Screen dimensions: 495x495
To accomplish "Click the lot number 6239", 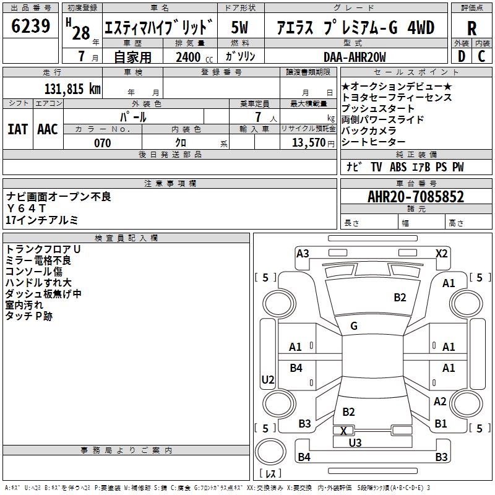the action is [x=30, y=26].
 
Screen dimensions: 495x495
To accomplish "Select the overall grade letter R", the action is [x=471, y=28].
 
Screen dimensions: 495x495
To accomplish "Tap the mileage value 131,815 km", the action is [x=72, y=89].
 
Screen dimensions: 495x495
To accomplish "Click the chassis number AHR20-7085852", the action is [x=416, y=197].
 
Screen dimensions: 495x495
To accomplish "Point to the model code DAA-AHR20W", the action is [x=355, y=57].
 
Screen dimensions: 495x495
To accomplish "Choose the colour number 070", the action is [x=102, y=143].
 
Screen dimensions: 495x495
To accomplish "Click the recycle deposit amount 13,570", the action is [x=308, y=143].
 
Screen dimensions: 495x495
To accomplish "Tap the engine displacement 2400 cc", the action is [x=194, y=57].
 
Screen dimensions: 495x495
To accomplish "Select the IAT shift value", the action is [x=17, y=129].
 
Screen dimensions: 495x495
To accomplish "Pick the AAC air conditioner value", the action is [x=48, y=129].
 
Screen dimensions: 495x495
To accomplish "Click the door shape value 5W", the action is [x=239, y=27].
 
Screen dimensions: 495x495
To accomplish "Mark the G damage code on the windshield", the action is [x=354, y=326].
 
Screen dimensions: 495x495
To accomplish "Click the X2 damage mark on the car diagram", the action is [x=441, y=254].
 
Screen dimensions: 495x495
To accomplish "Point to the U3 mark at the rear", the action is [x=355, y=442].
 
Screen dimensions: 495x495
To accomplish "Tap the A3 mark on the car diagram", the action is [x=303, y=254].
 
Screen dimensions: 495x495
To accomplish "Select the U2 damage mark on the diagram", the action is [x=268, y=379].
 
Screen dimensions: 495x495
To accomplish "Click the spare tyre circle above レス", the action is [x=270, y=452].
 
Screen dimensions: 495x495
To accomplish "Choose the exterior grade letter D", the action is [x=462, y=56].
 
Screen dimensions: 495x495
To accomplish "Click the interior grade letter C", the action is [x=481, y=56].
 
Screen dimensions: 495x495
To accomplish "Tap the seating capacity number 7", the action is [x=258, y=117].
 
